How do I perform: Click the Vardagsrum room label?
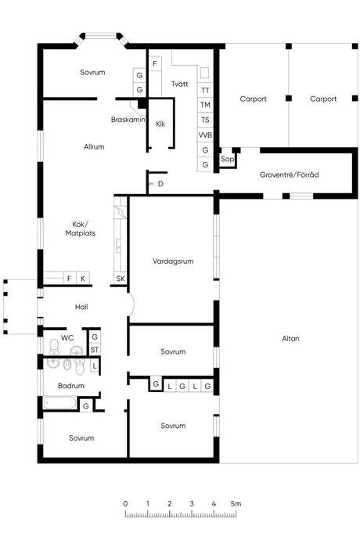(173, 261)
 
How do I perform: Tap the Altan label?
(290, 339)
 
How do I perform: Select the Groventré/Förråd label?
(289, 175)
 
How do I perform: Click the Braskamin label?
(128, 120)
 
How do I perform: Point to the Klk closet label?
(160, 124)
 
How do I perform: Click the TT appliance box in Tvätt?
(205, 90)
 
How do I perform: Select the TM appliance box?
(205, 105)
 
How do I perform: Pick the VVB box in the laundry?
(205, 135)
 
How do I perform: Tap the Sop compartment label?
(227, 159)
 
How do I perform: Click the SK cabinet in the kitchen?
(121, 279)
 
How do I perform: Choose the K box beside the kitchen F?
(83, 279)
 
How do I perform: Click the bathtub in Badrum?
(60, 402)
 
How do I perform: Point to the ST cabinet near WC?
(95, 350)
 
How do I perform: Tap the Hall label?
(81, 307)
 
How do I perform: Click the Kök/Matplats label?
(81, 229)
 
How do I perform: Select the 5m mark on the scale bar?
(236, 503)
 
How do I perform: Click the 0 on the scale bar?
(125, 503)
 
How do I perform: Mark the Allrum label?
(94, 146)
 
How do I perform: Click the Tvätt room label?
(179, 84)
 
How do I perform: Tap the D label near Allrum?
(160, 184)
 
